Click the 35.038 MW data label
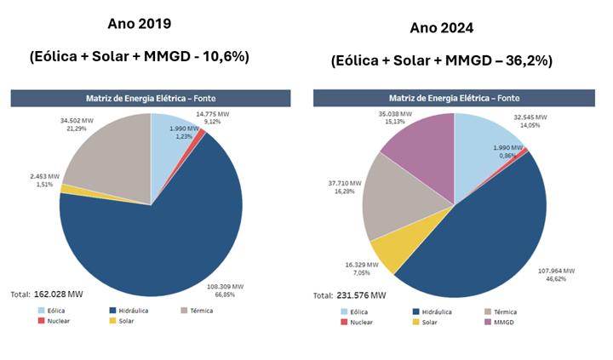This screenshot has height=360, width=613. [x=394, y=113]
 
